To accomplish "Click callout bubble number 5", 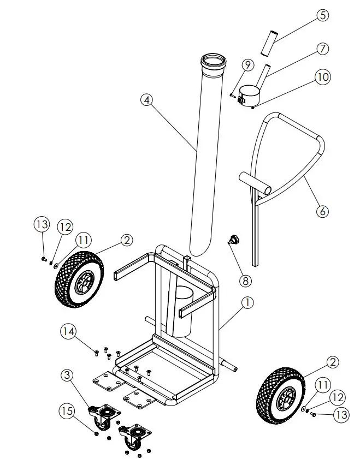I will coord(323,15).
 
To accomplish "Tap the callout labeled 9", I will coord(247,65).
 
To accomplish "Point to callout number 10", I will coord(323,77).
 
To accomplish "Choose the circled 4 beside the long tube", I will coord(146,100).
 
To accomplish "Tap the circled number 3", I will coord(67,375).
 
